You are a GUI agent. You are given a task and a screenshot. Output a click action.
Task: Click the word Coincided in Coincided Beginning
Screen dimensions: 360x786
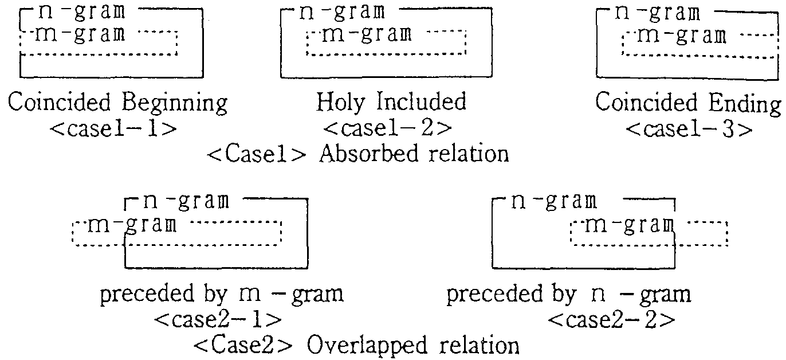click(60, 104)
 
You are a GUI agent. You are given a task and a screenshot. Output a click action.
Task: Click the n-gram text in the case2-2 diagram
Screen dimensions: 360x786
click(553, 202)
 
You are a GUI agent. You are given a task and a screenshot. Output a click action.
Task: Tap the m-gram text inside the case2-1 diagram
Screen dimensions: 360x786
click(132, 225)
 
